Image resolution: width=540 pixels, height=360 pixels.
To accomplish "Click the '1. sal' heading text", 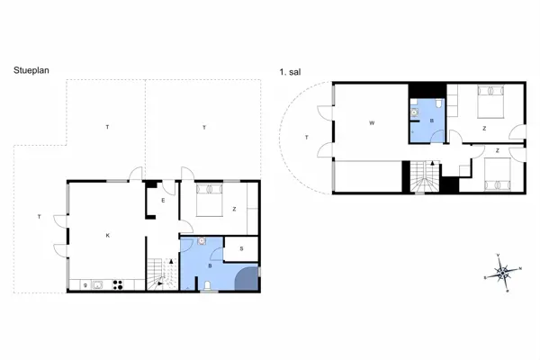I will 291,68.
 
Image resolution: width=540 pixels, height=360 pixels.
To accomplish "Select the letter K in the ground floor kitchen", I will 107,235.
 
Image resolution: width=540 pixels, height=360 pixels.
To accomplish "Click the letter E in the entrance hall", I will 162,201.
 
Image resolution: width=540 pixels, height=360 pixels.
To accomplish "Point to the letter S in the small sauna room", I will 240,249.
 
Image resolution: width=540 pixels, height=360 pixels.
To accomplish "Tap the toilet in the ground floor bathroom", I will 207,285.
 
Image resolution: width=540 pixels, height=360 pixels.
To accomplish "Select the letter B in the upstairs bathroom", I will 431,120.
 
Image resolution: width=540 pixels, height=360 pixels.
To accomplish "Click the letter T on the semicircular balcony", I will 307,137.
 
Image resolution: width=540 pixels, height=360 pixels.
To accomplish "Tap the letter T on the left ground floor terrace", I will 39,217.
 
